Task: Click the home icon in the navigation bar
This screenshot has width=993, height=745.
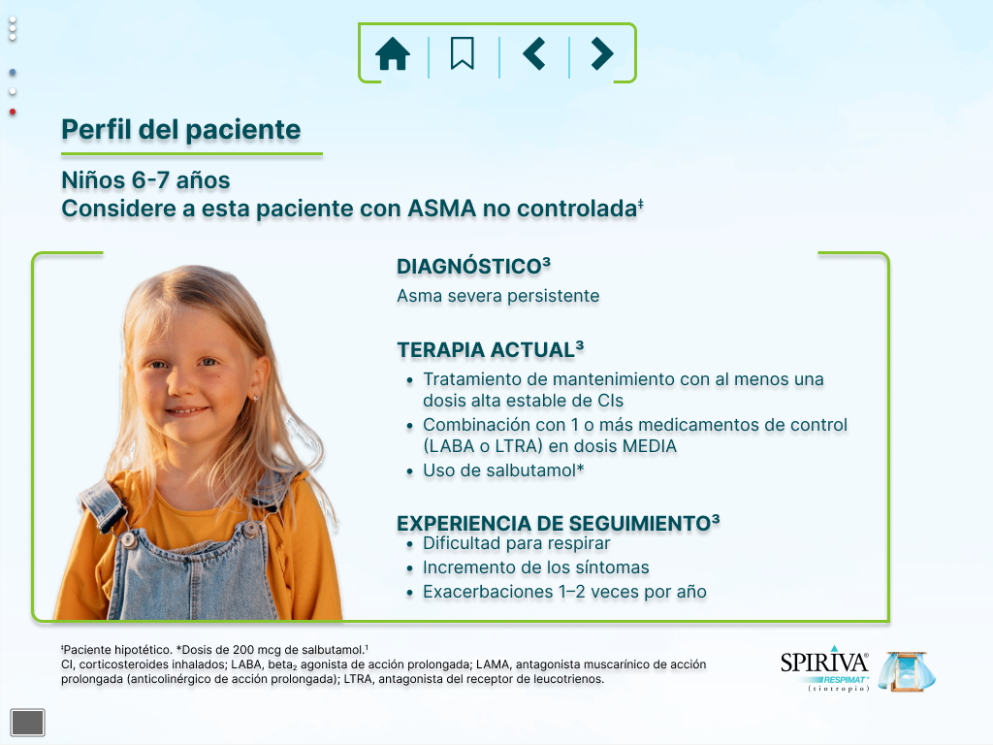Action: click(393, 53)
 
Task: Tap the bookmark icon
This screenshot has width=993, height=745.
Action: click(463, 53)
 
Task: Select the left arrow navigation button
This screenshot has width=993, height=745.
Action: click(534, 53)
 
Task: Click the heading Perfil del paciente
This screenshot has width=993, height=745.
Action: click(181, 130)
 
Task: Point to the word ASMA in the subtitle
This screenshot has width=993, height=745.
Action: click(441, 209)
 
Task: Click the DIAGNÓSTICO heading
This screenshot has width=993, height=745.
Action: click(473, 266)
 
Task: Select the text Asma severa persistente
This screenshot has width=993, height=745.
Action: click(497, 296)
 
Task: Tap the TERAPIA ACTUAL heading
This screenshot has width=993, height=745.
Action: click(490, 349)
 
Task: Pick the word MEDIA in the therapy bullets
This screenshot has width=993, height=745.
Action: click(650, 446)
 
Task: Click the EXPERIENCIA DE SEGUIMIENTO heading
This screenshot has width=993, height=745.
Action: click(558, 523)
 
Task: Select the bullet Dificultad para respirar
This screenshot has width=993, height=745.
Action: click(516, 543)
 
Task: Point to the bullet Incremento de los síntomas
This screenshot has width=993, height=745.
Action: click(535, 567)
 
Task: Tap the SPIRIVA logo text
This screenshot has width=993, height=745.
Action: click(824, 663)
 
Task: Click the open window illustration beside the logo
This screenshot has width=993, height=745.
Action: click(908, 671)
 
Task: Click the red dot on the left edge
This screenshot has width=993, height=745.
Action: click(12, 113)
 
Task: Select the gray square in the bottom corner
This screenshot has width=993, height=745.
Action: click(28, 722)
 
